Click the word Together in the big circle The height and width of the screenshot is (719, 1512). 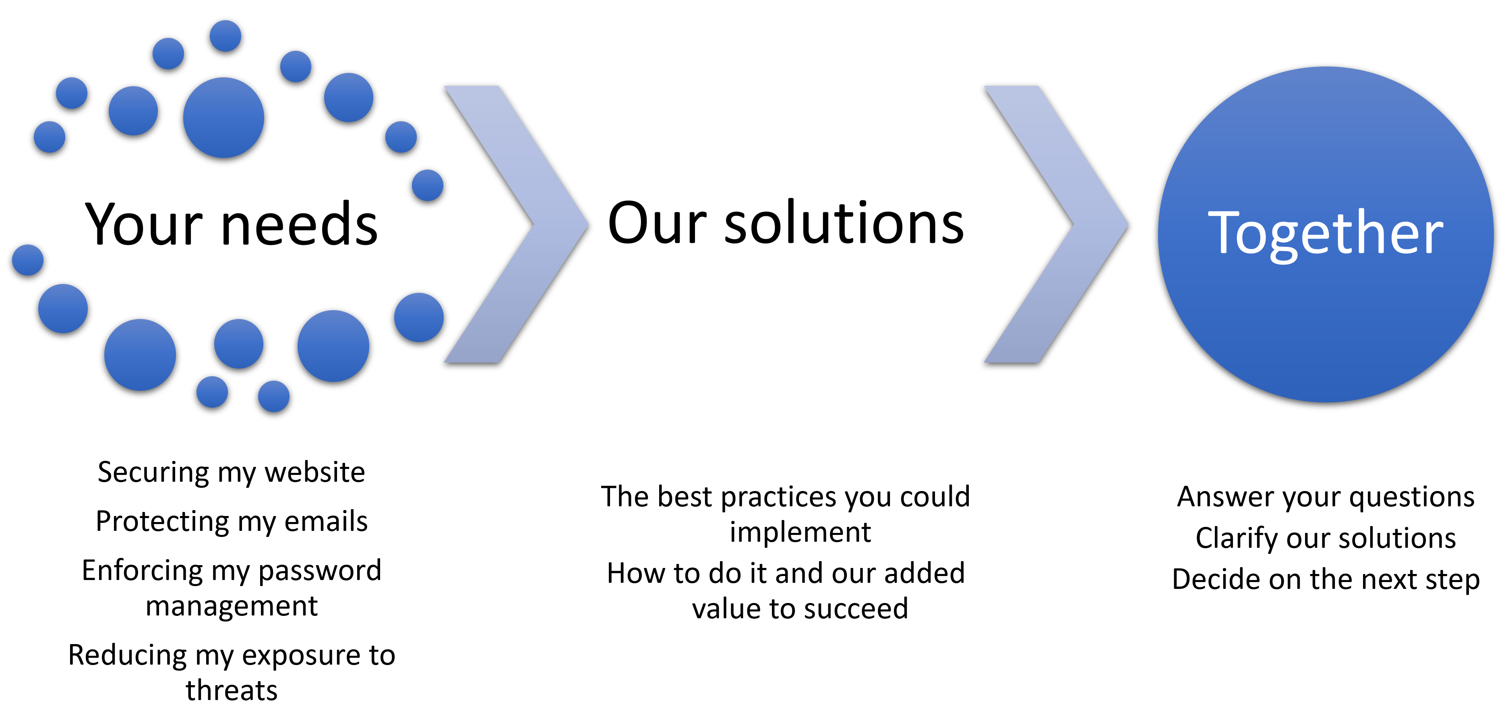point(1325,235)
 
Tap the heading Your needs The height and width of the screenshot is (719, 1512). point(231,224)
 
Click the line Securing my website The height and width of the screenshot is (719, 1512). point(231,473)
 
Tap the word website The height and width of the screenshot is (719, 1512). point(314,472)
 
